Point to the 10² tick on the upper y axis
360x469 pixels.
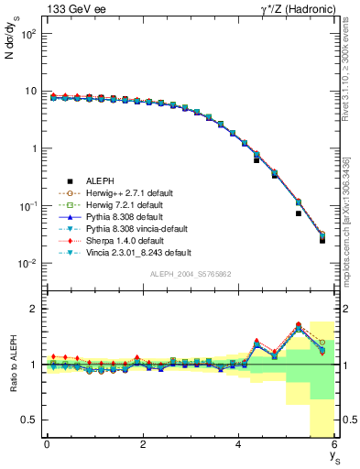point(30,34)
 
